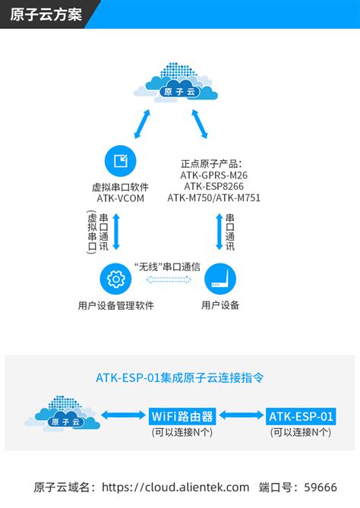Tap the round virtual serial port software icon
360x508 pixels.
[x=121, y=161]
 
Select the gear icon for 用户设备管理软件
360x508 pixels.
[x=116, y=279]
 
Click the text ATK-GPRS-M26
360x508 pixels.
[x=213, y=175]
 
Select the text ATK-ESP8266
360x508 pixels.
[x=213, y=186]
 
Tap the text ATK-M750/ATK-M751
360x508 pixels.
[x=213, y=198]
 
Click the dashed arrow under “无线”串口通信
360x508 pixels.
[x=167, y=281]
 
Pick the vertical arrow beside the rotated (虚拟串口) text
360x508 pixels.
[x=116, y=232]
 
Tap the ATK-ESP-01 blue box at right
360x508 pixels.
[x=301, y=416]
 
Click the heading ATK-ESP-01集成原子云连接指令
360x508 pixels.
[x=180, y=377]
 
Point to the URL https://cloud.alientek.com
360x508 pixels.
[x=175, y=487]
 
